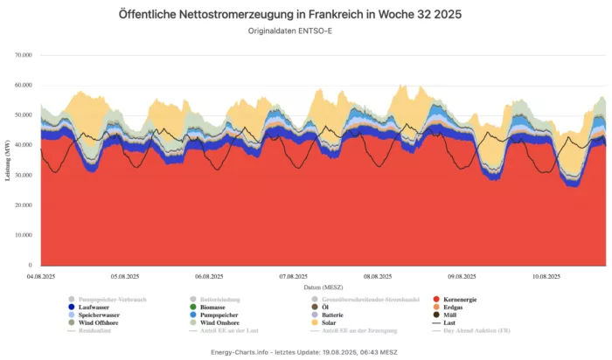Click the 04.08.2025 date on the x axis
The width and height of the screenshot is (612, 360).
41,276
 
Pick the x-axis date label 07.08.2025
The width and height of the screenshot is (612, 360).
293,276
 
